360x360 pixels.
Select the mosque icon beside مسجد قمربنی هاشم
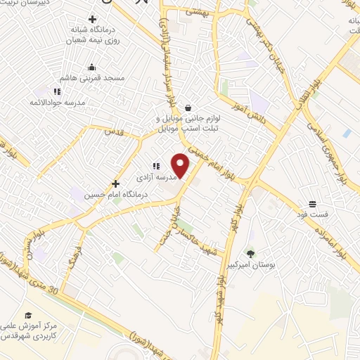pos(91,67)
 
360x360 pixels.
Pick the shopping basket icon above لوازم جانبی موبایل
pos(188,108)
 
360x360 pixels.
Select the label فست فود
pos(312,213)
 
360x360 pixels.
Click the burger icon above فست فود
pos(311,202)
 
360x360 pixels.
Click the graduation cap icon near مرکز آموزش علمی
pos(28,314)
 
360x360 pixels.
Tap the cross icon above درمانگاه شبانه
pos(91,18)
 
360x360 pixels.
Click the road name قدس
pos(115,131)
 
